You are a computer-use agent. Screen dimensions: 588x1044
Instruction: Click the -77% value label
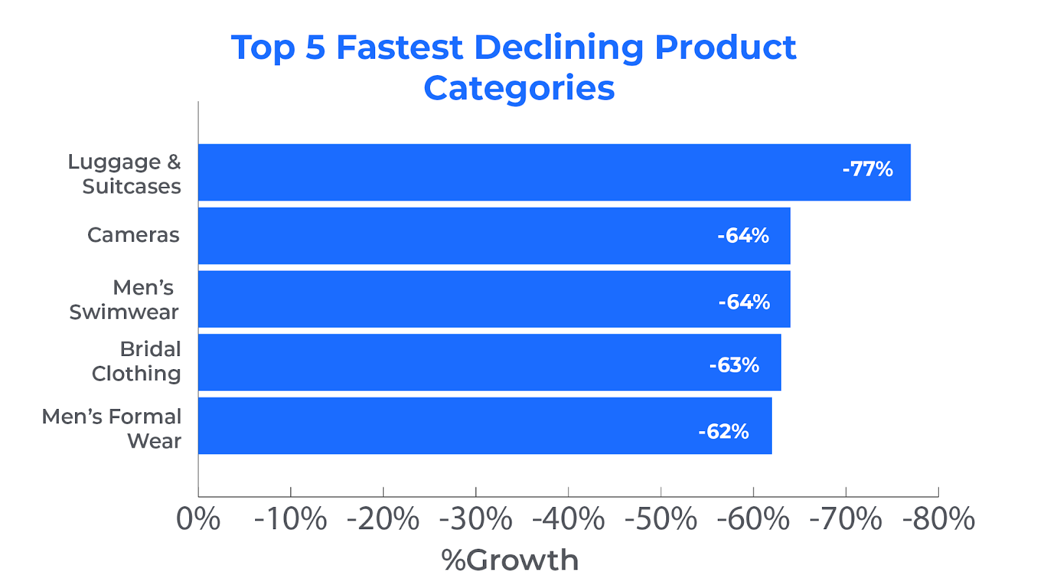click(x=867, y=169)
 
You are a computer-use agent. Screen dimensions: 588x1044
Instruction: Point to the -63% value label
click(x=734, y=365)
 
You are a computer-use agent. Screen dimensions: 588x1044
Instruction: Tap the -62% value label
click(x=724, y=431)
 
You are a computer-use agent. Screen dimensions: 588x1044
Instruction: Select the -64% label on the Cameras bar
click(x=743, y=235)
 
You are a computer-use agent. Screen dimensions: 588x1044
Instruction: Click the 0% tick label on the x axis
click(x=198, y=519)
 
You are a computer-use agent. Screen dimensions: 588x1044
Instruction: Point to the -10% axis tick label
click(x=290, y=519)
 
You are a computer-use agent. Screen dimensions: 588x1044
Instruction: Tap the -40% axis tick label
click(x=568, y=519)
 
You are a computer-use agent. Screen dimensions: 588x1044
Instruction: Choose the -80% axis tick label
click(x=938, y=519)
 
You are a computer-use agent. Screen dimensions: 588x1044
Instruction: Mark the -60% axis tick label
click(x=753, y=519)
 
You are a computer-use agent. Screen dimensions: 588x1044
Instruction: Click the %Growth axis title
click(x=510, y=560)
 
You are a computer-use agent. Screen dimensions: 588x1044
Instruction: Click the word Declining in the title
click(x=559, y=48)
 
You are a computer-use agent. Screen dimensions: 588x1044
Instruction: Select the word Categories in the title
click(x=519, y=88)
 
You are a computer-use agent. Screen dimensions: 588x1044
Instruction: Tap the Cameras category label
click(x=133, y=235)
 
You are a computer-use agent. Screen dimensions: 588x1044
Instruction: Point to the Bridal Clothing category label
click(x=137, y=361)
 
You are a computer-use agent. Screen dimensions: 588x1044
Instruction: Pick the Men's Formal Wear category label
click(x=112, y=429)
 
